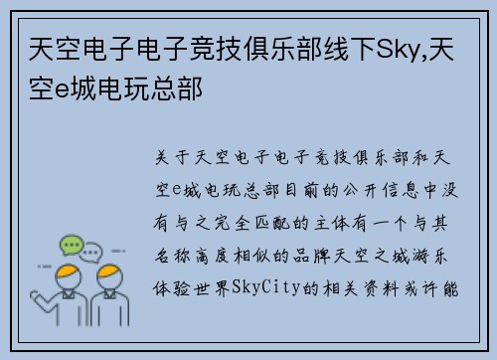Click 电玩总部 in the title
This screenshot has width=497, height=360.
coord(155,89)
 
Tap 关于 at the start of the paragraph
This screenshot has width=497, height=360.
coord(171,158)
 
